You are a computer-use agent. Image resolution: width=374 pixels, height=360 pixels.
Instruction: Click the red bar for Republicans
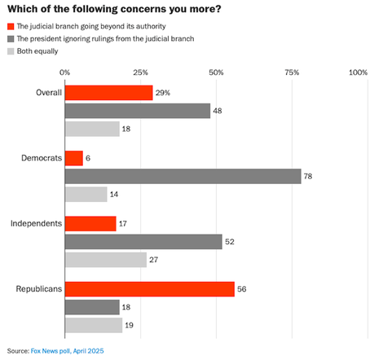pos(149,289)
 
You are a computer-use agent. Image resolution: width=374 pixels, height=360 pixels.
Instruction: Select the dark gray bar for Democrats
pos(183,176)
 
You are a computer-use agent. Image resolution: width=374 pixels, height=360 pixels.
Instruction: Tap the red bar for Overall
pos(108,93)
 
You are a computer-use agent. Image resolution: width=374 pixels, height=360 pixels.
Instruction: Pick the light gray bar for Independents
pos(105,259)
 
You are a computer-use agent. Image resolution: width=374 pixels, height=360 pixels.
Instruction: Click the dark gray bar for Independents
pos(143,241)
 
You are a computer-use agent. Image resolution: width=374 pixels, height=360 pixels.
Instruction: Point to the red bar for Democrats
pos(73,158)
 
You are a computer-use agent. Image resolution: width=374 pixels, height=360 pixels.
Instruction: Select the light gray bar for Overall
pos(91,129)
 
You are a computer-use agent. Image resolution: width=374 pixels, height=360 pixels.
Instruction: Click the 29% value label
pos(163,93)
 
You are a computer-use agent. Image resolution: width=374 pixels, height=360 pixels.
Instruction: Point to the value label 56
pos(243,289)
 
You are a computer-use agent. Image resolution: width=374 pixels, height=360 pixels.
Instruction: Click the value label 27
pos(155,259)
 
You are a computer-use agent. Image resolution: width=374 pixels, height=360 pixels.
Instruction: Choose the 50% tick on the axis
pos(217,72)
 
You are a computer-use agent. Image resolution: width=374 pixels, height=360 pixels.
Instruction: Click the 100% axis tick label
pos(358,72)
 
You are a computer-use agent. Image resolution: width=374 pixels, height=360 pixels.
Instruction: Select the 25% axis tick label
pos(140,72)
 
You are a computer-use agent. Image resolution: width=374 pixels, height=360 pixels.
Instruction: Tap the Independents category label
pos(34,223)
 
